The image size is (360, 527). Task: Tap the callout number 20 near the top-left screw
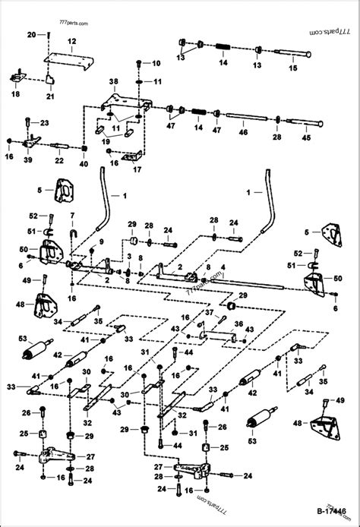click(x=31, y=36)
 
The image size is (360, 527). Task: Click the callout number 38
click(x=113, y=81)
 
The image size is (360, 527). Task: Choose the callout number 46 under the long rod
click(x=244, y=133)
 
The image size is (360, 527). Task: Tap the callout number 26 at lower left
click(x=25, y=413)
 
